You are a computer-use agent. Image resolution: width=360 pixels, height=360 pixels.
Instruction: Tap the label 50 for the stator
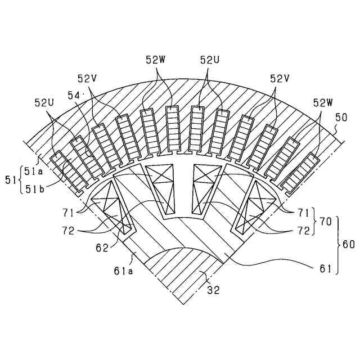tap(341, 118)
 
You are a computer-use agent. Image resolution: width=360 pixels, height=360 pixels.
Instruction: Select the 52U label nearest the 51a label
tap(44, 103)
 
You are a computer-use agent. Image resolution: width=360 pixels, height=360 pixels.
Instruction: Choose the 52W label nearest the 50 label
tap(323, 103)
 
